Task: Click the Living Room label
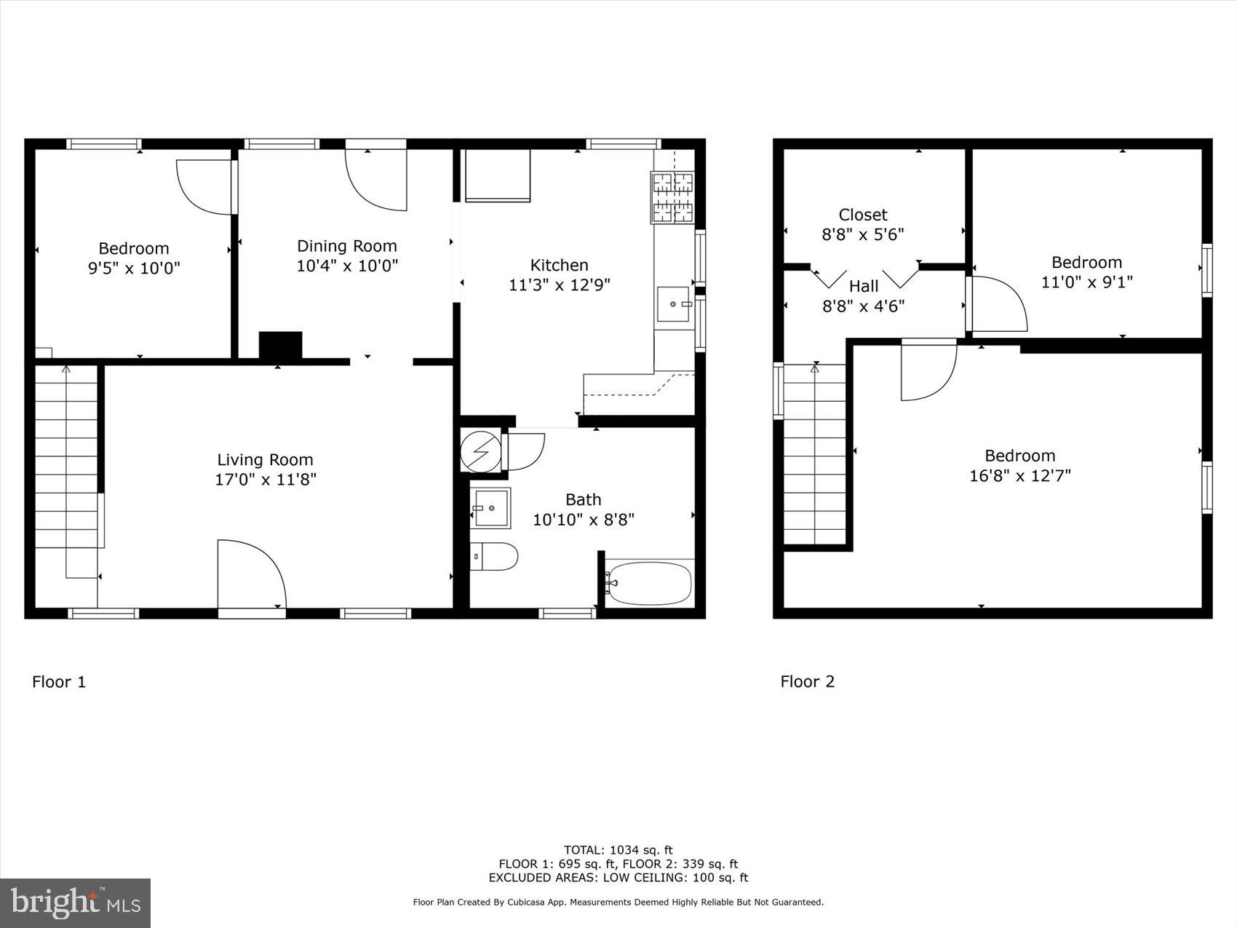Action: point(265,460)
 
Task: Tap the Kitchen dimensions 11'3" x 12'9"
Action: point(559,285)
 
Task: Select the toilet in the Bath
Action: point(494,557)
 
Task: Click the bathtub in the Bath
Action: point(649,582)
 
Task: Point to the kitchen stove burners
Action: point(673,197)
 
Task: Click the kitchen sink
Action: point(673,304)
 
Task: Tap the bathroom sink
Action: point(490,507)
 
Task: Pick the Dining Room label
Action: point(347,246)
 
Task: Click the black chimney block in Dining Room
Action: point(280,346)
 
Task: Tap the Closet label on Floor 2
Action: point(863,215)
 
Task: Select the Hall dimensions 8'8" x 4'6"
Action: point(863,306)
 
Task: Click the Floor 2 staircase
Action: point(814,455)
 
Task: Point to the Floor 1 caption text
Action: point(59,682)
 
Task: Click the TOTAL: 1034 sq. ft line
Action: point(618,849)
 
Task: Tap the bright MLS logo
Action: point(76,903)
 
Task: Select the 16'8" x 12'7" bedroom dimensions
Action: point(1019,476)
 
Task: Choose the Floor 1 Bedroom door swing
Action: point(206,187)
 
